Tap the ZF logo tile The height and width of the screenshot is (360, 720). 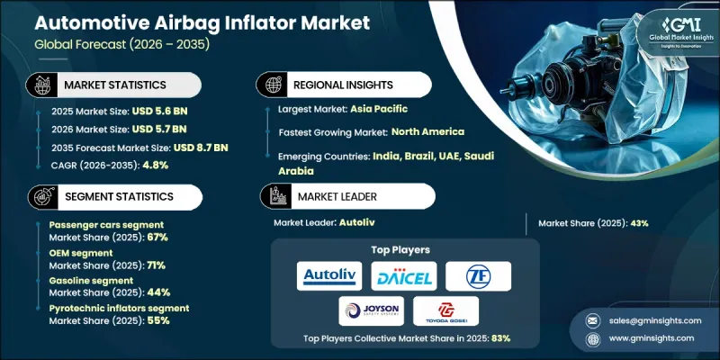coord(477,276)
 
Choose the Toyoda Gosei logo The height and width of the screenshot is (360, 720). coord(445,310)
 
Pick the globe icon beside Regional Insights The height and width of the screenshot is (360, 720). coord(272,84)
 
